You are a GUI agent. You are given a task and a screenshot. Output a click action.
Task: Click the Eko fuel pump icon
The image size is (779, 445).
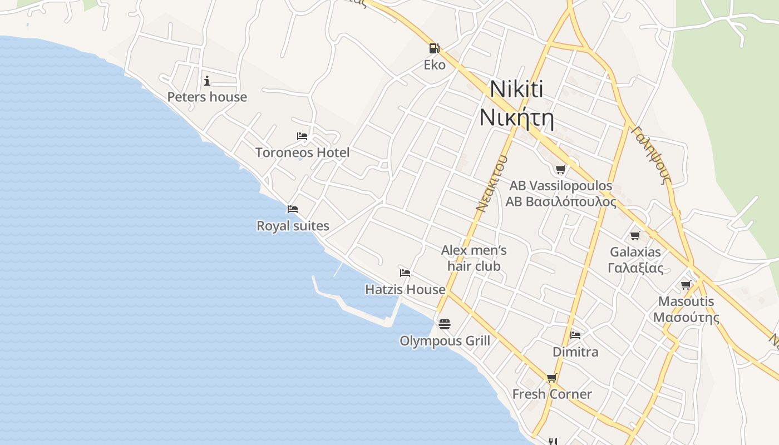point(435,48)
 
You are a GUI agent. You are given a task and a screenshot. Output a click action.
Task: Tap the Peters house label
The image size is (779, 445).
point(207,97)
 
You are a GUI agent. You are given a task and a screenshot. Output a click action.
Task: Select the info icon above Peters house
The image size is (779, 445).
point(207,81)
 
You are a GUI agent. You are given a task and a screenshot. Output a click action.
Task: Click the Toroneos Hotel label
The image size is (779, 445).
point(302,152)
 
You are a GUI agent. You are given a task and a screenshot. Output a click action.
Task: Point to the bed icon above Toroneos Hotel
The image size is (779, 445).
point(302,136)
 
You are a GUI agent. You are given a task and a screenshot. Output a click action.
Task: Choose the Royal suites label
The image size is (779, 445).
point(293,226)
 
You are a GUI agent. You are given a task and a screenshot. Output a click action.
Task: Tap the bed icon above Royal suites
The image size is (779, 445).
point(293,209)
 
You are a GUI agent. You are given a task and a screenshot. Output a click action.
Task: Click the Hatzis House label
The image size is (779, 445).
point(405,289)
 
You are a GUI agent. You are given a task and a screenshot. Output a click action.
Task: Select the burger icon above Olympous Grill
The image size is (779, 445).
point(444,324)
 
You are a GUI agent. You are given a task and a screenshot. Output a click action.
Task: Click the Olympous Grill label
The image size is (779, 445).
point(445,340)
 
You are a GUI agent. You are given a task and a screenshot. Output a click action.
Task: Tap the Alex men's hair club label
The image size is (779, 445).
point(474,258)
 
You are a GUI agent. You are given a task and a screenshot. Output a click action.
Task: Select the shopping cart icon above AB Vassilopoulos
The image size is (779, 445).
point(561,169)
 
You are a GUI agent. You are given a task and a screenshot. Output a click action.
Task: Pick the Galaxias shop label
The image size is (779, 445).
point(635,260)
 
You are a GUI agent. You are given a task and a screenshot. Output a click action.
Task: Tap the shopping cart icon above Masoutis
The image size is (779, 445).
point(686,285)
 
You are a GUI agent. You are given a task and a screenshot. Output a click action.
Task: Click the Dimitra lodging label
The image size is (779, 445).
point(575,352)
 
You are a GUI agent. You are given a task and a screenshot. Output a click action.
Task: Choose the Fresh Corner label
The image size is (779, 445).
point(551,394)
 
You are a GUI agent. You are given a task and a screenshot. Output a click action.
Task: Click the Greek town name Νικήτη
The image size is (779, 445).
point(516,117)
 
